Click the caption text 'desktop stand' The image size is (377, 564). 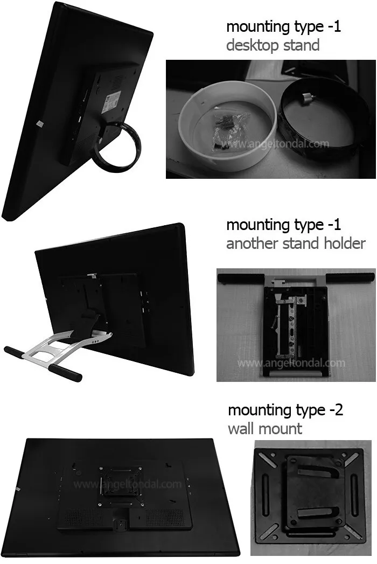273,45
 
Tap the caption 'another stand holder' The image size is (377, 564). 295,243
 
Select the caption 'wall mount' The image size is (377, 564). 264,428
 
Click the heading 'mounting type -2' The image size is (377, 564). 285,410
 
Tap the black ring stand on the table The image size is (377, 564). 318,119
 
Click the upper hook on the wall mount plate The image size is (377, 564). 315,472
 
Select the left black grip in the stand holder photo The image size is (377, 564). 238,278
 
